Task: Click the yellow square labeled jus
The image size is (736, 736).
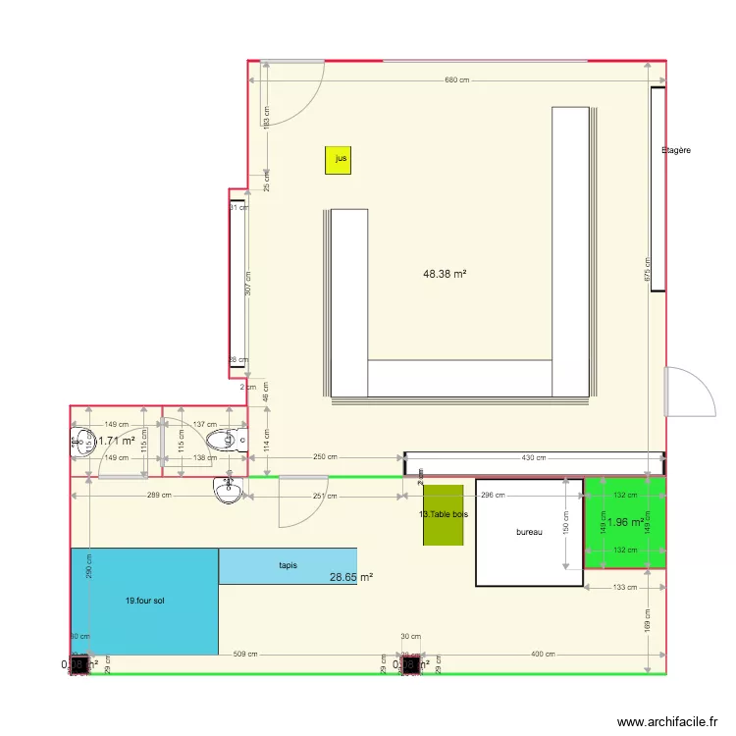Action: tap(339, 160)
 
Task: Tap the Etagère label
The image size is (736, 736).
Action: tap(676, 150)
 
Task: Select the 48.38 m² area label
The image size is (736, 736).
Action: tap(445, 275)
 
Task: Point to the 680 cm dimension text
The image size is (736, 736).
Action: tap(457, 80)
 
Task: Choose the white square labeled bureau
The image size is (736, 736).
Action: tap(529, 532)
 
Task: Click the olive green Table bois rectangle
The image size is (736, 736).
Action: tap(443, 515)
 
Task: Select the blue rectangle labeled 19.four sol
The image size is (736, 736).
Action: tap(144, 601)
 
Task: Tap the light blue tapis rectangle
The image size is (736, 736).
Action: tap(288, 566)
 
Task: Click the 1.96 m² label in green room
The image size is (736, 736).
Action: tap(625, 522)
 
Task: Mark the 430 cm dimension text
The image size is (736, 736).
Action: tap(534, 458)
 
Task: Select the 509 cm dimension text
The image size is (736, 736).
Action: tap(245, 655)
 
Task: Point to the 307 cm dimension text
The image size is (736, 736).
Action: tap(248, 284)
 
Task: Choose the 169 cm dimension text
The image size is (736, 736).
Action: tap(649, 621)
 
